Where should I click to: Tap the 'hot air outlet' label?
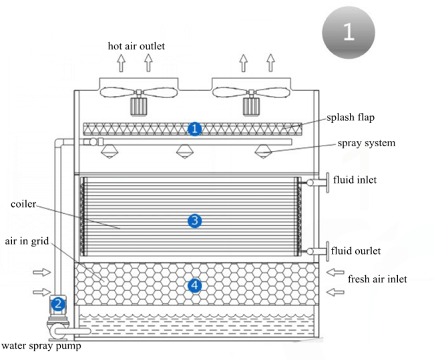136,46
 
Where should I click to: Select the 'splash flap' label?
351,117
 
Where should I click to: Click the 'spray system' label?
366,143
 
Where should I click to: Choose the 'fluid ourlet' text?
357,251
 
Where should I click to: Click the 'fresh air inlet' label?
377,279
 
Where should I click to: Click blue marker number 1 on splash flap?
194,128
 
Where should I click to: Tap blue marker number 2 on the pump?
58,304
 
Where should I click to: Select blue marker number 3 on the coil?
194,220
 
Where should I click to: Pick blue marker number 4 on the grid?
194,286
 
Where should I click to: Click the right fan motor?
252,106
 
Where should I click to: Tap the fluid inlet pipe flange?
328,181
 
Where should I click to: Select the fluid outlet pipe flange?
328,251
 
